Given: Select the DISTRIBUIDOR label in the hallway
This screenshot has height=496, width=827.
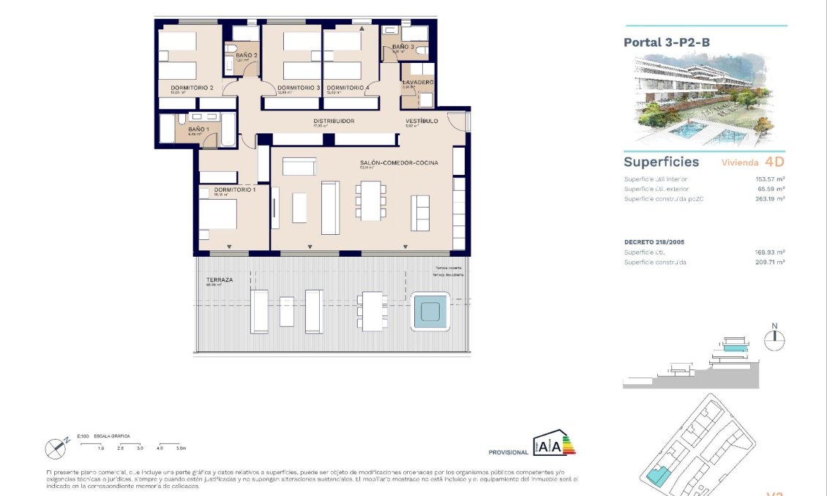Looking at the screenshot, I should tap(334, 121).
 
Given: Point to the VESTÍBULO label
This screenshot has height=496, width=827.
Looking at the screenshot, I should tap(422, 121).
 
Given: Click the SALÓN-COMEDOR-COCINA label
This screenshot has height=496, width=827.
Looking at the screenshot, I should tap(399, 163).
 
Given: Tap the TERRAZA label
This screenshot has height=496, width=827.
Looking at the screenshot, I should tap(220, 280).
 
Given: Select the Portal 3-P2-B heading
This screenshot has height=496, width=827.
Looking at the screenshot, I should tap(666, 42).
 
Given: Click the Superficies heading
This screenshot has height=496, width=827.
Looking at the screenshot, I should tap(661, 162).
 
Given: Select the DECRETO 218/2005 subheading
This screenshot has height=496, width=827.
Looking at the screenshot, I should tap(654, 241).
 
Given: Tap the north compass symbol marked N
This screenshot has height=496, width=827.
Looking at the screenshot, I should tap(774, 337).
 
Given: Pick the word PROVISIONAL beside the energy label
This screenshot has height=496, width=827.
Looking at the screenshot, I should tap(508, 453).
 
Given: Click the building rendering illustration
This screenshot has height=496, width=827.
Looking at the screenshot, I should tap(703, 99).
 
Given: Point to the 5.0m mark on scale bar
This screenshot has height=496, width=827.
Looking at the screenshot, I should tap(182, 447).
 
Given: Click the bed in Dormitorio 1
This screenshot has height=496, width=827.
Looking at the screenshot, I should tap(217, 214).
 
